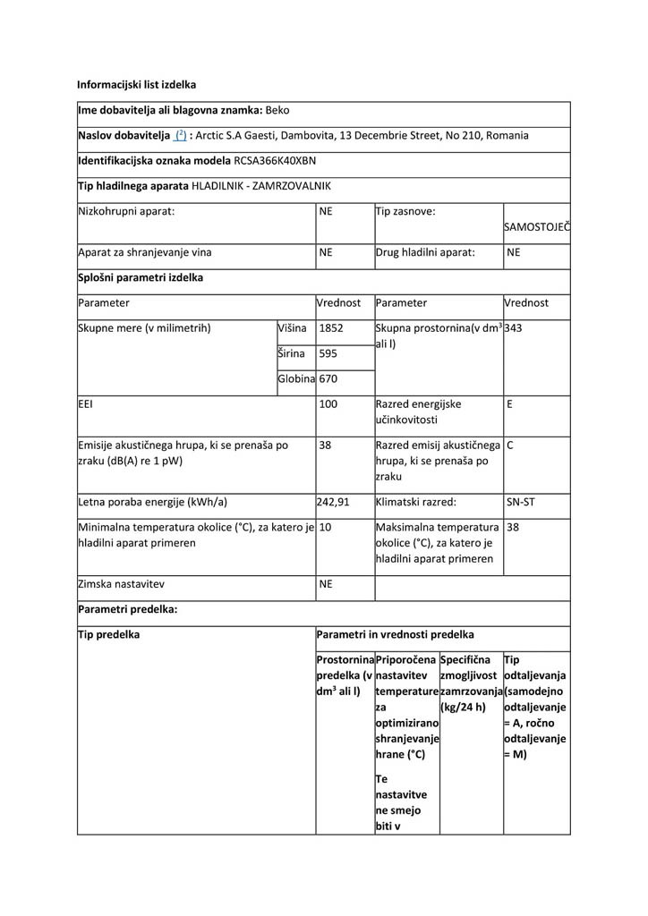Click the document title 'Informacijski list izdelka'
(136, 85)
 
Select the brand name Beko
(277, 111)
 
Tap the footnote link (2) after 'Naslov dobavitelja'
(180, 136)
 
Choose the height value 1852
(331, 328)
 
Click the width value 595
(328, 354)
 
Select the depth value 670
(328, 379)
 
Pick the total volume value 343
(514, 328)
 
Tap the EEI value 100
(328, 404)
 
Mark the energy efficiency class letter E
(509, 404)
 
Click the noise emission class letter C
(509, 445)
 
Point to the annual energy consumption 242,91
(334, 502)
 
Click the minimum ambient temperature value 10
(326, 527)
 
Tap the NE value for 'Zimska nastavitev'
(326, 583)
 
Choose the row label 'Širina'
(291, 354)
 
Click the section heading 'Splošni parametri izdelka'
(141, 277)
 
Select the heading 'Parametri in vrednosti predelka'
(396, 635)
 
